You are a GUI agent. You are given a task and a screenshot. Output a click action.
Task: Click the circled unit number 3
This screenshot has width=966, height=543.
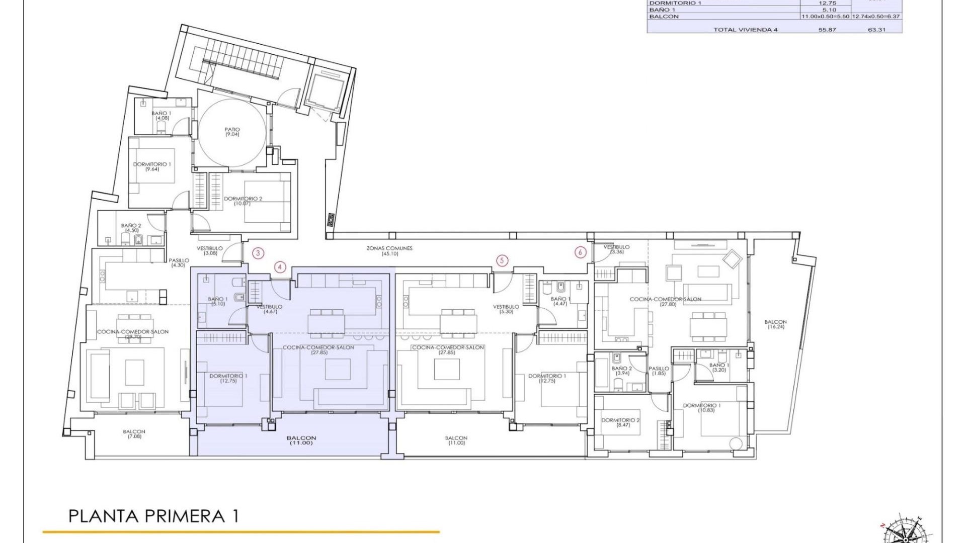pyautogui.click(x=258, y=253)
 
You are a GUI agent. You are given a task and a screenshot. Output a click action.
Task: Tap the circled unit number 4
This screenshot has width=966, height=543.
pyautogui.click(x=280, y=267)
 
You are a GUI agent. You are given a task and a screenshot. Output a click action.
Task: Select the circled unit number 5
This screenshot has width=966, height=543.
pyautogui.click(x=502, y=260)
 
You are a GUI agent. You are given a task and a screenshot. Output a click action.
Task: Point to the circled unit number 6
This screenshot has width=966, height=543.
pyautogui.click(x=581, y=252)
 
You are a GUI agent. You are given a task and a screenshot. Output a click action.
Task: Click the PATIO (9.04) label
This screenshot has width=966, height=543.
pyautogui.click(x=232, y=132)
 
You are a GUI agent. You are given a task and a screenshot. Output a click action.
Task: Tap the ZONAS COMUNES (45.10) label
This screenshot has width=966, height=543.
pyautogui.click(x=389, y=251)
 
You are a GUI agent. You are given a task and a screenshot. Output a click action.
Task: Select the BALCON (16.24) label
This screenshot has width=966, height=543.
pyautogui.click(x=775, y=324)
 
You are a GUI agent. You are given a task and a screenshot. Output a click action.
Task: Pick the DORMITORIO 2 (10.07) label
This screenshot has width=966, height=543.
pyautogui.click(x=243, y=201)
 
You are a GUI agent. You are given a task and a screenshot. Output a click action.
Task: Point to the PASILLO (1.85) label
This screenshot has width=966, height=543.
pyautogui.click(x=659, y=371)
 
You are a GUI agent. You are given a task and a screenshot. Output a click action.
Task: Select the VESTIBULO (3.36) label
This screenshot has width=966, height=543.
pyautogui.click(x=616, y=249)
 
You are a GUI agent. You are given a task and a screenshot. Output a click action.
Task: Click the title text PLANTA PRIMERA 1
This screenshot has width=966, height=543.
pyautogui.click(x=153, y=516)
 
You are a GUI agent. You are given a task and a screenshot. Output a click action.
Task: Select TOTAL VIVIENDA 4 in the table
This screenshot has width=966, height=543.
pyautogui.click(x=745, y=30)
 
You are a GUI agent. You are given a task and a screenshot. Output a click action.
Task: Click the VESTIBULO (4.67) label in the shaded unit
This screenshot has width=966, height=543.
pyautogui.click(x=269, y=309)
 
